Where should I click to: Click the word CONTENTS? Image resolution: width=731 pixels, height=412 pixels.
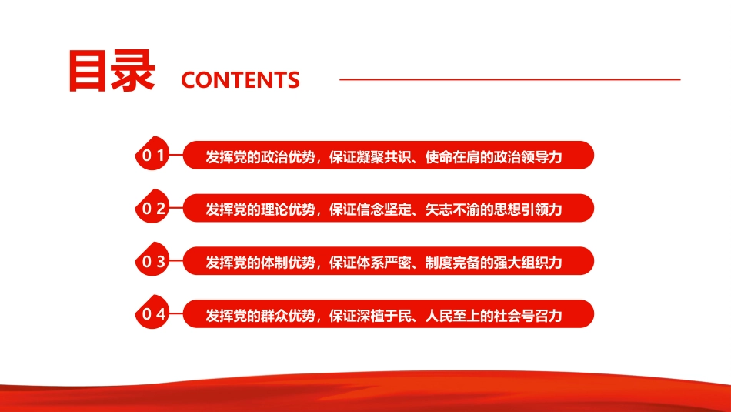240,79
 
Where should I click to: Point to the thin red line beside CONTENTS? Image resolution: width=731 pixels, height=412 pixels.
509,79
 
